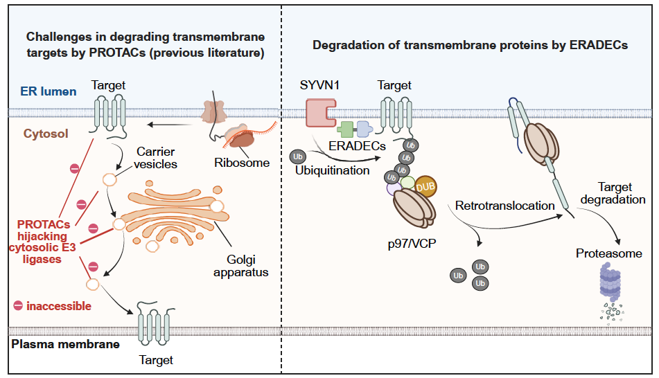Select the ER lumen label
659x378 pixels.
pos(49,91)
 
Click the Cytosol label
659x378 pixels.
pos(46,134)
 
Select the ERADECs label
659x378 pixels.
pos(358,147)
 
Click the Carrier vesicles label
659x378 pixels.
pos(157,158)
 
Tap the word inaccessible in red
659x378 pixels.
pos(59,305)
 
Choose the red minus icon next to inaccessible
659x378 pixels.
pos(18,305)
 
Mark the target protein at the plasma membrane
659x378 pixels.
pos(154,321)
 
